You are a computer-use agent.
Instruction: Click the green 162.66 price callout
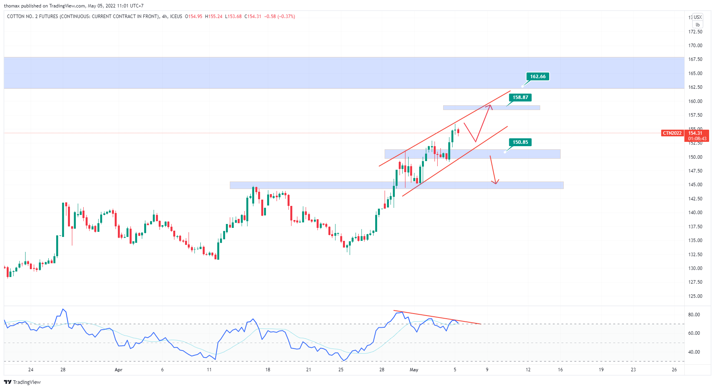[537, 77]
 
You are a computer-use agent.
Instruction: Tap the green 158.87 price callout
[520, 97]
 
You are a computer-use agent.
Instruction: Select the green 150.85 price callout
[520, 142]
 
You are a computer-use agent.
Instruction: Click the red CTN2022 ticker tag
[672, 133]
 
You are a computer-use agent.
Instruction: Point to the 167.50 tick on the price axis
[695, 59]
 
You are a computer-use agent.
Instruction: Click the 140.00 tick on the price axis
[695, 213]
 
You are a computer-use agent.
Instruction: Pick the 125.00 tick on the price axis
[695, 296]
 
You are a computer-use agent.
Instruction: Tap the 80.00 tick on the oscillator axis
[694, 315]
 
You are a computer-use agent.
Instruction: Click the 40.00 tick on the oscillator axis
[694, 352]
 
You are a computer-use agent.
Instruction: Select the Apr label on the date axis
[118, 370]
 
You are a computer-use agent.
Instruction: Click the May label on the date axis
[414, 370]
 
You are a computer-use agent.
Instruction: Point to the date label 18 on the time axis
[268, 370]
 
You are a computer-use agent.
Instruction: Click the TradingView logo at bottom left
[22, 382]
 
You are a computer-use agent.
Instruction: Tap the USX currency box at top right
[697, 17]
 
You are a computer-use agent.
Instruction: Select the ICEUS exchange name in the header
[176, 17]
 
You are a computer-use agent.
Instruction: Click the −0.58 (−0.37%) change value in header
[279, 17]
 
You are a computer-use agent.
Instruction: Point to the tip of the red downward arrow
[496, 183]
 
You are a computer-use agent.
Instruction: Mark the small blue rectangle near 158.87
[491, 108]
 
